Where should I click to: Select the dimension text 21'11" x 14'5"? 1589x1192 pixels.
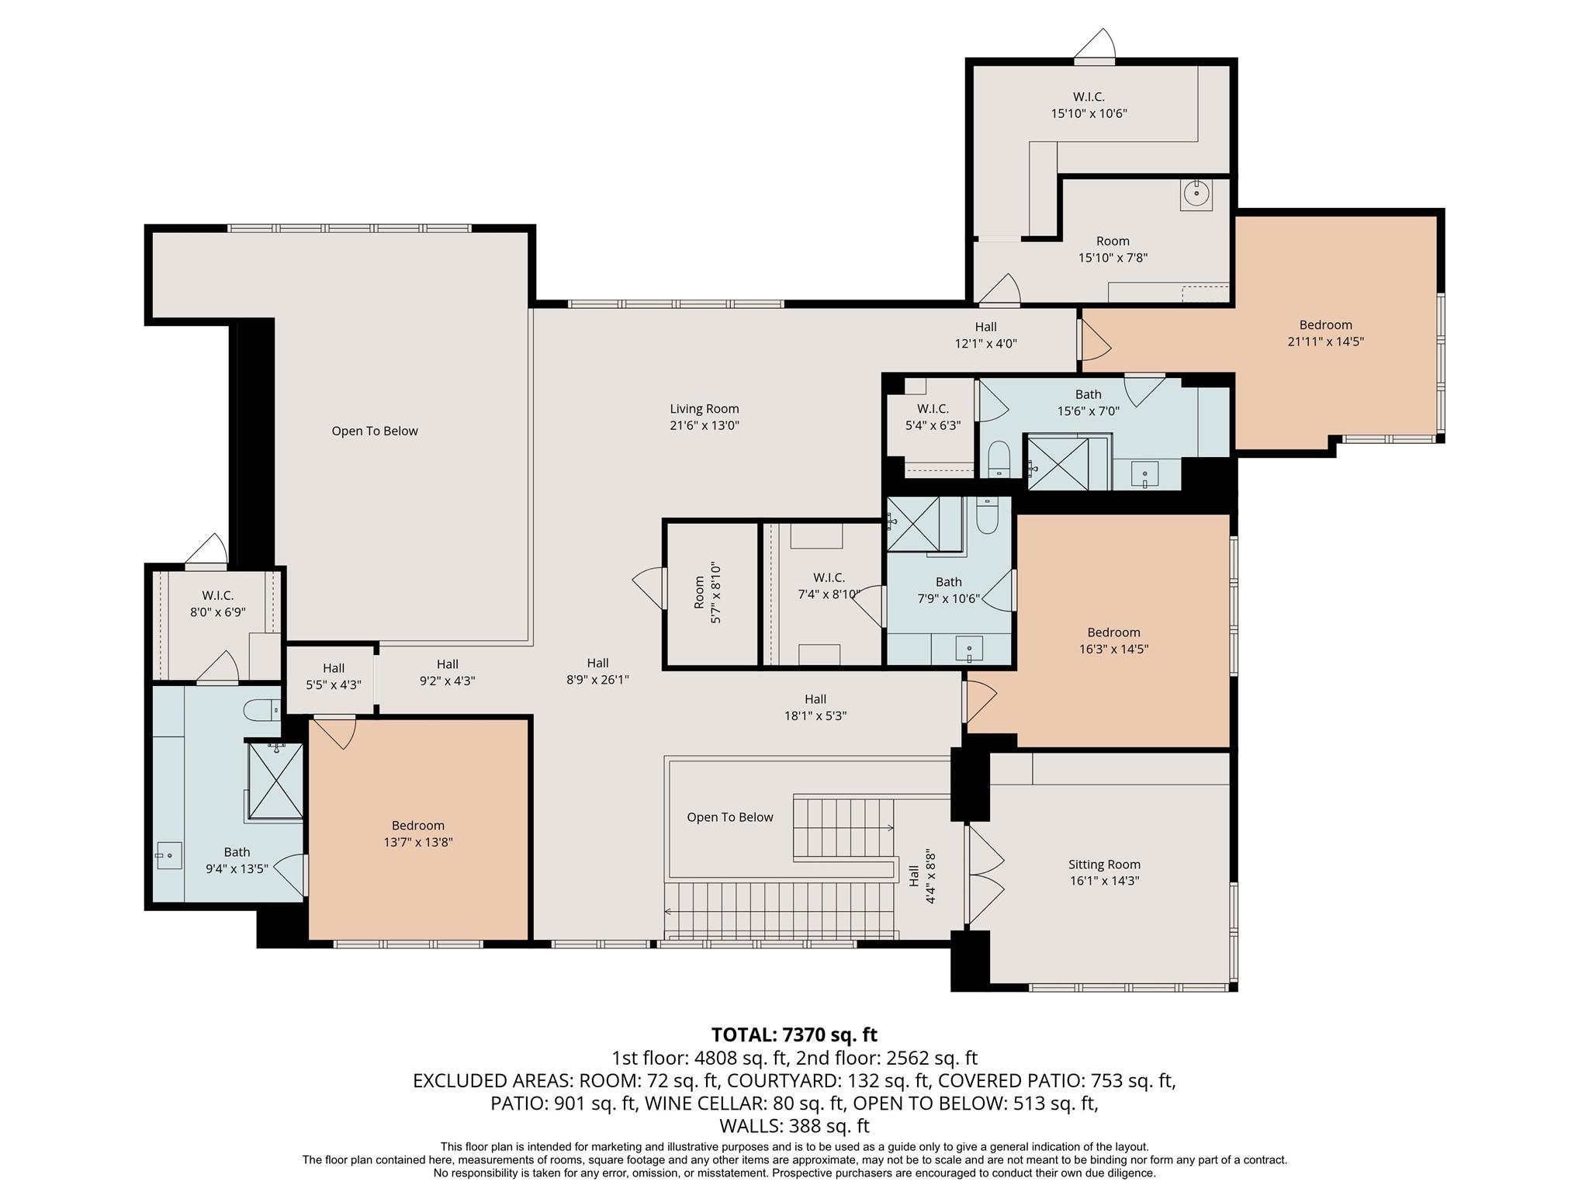point(1325,341)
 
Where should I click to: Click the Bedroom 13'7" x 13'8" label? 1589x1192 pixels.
point(417,833)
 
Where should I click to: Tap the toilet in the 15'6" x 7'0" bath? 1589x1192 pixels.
point(999,458)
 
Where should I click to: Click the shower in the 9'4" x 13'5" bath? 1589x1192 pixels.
point(275,780)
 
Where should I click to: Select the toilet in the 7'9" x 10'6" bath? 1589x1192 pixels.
point(987,516)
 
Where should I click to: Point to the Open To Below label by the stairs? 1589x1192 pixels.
point(729,817)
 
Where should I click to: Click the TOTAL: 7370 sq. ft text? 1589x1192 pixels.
point(794,1034)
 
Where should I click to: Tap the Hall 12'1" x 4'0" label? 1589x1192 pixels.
point(985,335)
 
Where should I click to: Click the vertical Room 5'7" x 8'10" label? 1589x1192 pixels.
point(707,594)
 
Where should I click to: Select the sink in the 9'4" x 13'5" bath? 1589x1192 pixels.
point(168,855)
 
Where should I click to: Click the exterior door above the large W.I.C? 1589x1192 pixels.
point(1095,48)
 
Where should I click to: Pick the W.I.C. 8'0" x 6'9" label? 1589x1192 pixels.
point(218,604)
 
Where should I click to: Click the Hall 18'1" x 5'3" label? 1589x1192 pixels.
point(815,708)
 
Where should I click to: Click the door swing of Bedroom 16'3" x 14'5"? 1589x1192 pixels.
point(980,701)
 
